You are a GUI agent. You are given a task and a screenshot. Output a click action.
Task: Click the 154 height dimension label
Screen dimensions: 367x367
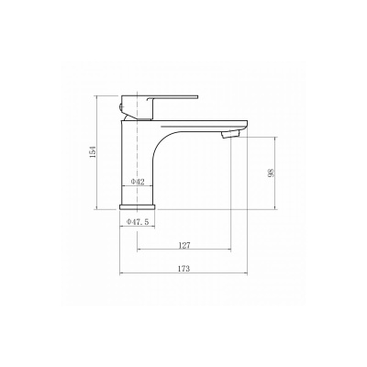94,152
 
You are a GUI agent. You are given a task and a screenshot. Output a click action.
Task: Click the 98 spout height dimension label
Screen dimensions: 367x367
272,172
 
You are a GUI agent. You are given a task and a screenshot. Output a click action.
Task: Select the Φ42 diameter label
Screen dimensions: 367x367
138,182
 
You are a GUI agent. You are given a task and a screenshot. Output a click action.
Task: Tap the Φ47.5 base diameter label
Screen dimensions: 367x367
138,222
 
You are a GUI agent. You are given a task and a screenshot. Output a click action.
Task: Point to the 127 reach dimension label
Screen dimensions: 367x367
184,245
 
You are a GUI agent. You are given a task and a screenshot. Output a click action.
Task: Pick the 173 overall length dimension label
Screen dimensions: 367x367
183,269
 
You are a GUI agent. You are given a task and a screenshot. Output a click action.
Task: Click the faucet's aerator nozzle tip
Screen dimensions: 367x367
231,134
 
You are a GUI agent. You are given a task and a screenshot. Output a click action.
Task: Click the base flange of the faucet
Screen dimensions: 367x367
138,207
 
